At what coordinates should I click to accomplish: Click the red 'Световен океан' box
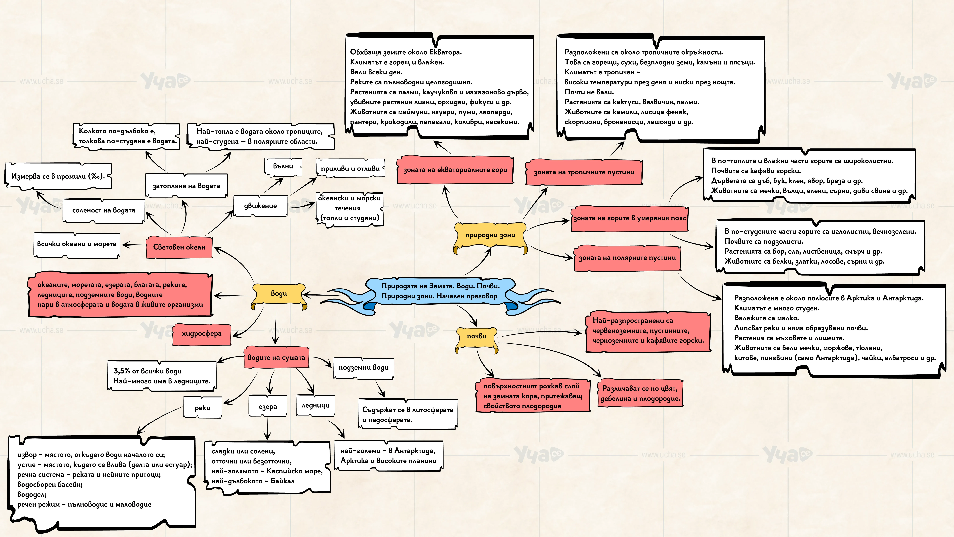click(x=179, y=247)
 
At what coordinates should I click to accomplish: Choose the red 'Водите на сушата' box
click(x=276, y=358)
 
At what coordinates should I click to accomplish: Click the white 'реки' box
click(x=203, y=408)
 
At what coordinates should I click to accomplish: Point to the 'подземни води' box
click(x=364, y=368)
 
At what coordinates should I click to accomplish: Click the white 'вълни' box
click(x=283, y=166)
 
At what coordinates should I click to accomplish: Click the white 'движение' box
click(x=260, y=206)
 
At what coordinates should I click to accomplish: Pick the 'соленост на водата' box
click(x=104, y=211)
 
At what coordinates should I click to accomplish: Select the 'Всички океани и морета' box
click(x=77, y=244)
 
